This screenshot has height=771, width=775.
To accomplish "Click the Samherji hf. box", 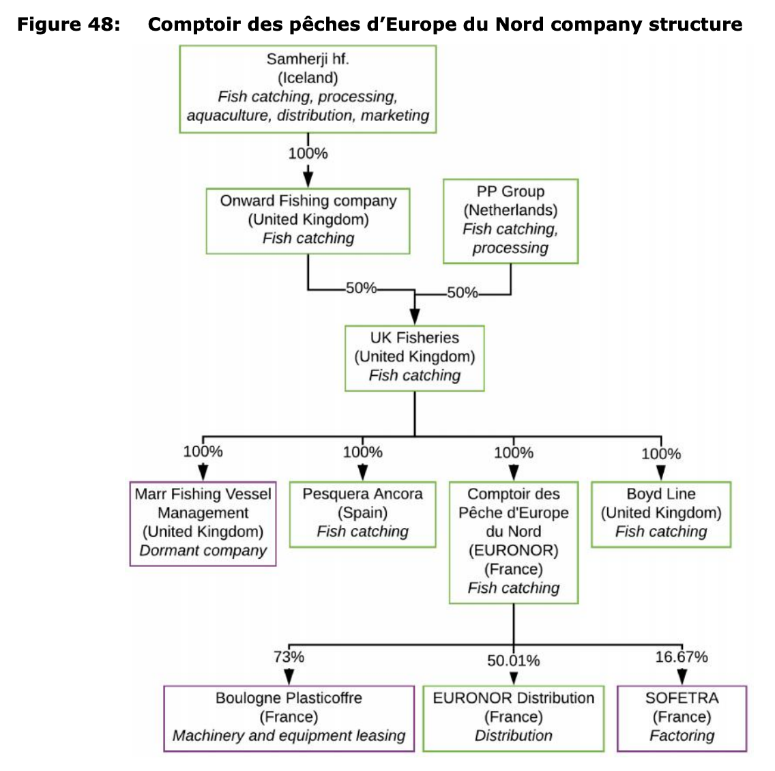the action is tap(308, 89).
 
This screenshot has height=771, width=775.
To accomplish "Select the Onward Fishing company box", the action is tap(308, 221).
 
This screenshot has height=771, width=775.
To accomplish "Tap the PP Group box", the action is tap(510, 221).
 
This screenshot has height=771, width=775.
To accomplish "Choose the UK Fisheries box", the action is tap(415, 358).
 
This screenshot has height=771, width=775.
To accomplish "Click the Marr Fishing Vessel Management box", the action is tap(203, 523).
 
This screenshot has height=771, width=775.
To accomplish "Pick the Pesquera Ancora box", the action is tap(363, 514).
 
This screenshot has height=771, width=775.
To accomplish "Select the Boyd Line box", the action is tap(661, 514).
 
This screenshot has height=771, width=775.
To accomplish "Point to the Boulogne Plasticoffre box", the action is tap(289, 718).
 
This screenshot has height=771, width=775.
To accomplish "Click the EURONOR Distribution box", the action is tap(514, 718).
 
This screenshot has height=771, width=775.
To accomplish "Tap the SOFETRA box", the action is tap(682, 718).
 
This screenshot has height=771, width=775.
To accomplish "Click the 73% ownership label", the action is tap(289, 657).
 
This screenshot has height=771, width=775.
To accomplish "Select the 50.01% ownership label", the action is tap(514, 660).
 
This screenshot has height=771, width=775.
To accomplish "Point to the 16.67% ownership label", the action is tap(682, 657).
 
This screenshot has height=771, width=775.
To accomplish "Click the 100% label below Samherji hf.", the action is tap(308, 154).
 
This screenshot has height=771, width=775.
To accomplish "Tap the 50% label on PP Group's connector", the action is tap(463, 293).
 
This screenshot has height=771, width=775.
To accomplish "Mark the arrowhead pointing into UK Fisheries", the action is tap(415, 317).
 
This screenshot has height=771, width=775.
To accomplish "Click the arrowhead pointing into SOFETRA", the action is tap(682, 677).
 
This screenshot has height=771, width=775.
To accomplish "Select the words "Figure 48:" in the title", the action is tap(69, 24).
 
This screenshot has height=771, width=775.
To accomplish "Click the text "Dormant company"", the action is tap(203, 551).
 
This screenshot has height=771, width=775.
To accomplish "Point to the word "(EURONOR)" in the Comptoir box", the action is tap(514, 550).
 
